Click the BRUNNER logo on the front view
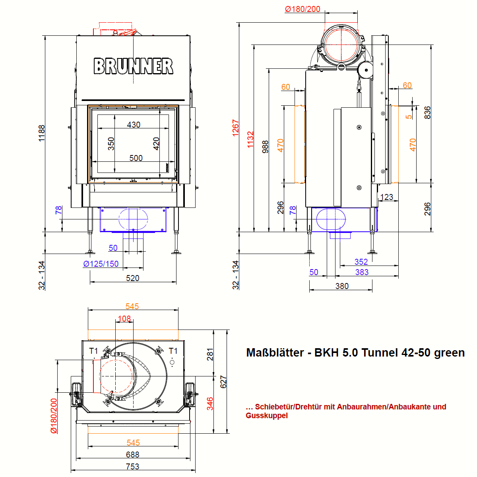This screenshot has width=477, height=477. [134, 66]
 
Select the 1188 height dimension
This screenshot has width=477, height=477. [42, 134]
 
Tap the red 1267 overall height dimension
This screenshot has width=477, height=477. [236, 128]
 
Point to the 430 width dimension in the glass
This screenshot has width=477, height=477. [134, 125]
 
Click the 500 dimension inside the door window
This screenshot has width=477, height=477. [136, 158]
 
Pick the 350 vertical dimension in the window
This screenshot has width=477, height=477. [111, 143]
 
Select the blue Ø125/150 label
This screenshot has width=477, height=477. [101, 264]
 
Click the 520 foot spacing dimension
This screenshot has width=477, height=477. [133, 278]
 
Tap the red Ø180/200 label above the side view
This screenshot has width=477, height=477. [302, 9]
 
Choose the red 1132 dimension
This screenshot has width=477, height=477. [250, 140]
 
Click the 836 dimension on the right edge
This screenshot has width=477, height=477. [427, 112]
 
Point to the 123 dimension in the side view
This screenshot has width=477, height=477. [387, 197]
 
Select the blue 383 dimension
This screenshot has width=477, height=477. [362, 272]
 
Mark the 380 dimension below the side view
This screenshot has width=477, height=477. [342, 286]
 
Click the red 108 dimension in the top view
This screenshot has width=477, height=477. [124, 319]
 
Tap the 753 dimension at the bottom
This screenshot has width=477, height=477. [133, 467]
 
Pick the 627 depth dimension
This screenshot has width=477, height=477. [223, 382]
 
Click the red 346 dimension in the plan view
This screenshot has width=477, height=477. [210, 403]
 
